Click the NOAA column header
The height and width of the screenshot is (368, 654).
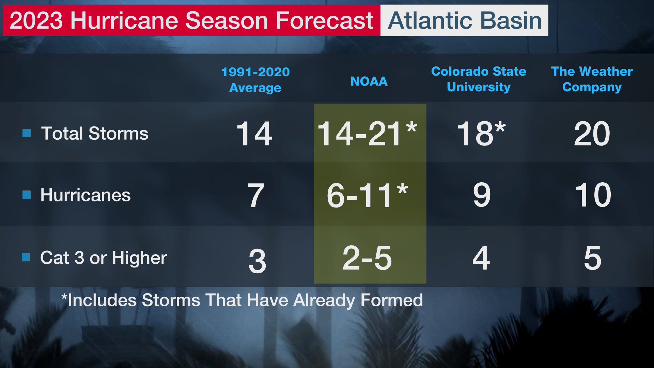coord(369,81)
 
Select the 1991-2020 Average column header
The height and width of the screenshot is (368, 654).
coord(255,80)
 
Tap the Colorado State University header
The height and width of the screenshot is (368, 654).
coord(479,79)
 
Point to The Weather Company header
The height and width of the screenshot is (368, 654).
coord(592,79)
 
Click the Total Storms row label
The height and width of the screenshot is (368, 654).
coord(95,133)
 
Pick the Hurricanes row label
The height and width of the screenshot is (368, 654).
coord(85,195)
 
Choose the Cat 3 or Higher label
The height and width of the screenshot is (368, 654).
coord(104,258)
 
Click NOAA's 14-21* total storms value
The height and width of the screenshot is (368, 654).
coord(367,134)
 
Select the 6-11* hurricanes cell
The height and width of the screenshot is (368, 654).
coord(367,195)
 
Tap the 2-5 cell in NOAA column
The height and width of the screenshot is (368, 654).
coord(367,258)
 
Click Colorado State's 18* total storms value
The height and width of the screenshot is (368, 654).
coord(481,134)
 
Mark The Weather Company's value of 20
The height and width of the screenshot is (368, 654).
coord(592,134)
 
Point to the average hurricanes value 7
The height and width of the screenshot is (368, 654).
coord(256,196)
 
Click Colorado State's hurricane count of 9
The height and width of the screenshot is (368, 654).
coord(482,195)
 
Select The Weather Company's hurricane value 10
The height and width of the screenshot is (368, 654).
coord(593,195)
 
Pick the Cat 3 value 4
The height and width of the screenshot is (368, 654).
coord(481,258)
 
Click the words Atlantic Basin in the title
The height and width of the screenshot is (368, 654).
coord(465,20)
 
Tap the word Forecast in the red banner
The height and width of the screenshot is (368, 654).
coord(324,20)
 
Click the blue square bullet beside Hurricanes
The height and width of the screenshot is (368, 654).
coord(27,195)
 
